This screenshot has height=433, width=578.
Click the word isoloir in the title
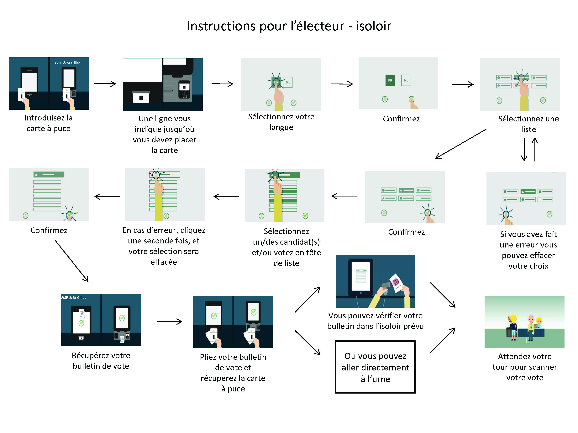pos(373,26)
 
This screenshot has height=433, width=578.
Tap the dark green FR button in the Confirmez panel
pos(390,80)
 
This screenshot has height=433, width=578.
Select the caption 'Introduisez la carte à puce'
pos(49,123)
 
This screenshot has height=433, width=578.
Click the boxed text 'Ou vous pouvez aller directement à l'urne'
pos(375,367)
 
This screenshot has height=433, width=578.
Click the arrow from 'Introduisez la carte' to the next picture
pos(105,84)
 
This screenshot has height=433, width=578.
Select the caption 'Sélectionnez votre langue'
pos(281,122)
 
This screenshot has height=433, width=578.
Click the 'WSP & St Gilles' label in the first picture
pos(67,63)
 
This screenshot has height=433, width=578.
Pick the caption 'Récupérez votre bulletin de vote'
pos(101,361)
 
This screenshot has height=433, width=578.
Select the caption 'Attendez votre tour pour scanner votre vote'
pos(525,367)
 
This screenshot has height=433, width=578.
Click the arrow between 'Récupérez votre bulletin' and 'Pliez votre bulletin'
pos(169,322)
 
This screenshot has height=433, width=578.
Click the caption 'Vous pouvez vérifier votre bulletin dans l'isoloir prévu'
pos(375,321)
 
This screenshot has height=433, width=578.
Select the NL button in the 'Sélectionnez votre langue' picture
pos(288,82)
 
